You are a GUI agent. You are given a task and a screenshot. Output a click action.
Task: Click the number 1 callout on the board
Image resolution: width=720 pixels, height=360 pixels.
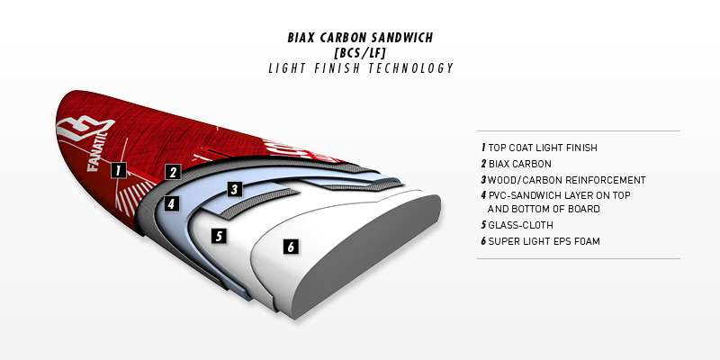pyautogui.click(x=118, y=168)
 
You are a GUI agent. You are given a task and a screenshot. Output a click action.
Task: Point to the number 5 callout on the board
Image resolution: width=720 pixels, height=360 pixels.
pyautogui.click(x=217, y=236)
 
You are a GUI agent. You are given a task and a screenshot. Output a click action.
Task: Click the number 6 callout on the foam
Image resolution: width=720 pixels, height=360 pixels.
pyautogui.click(x=290, y=246)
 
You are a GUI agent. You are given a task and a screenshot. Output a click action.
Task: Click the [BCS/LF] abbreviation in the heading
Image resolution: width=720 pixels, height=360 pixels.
pyautogui.click(x=359, y=53)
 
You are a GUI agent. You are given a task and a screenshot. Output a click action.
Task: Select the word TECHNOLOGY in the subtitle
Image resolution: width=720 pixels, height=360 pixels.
pyautogui.click(x=411, y=68)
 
